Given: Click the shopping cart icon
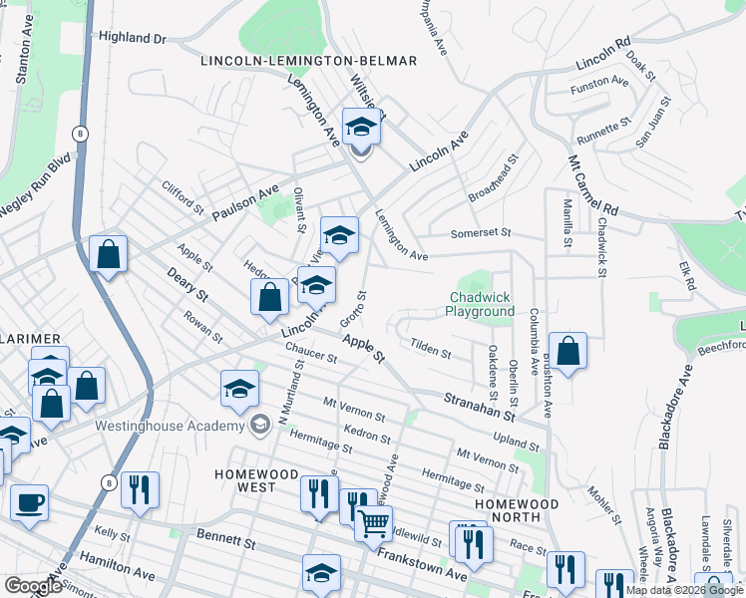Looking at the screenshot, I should (374, 522).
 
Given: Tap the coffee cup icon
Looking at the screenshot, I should (29, 501).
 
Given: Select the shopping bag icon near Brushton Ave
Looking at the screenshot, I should (567, 351).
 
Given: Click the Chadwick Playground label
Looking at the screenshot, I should (482, 304).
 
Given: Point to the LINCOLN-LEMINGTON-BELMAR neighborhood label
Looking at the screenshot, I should (308, 61).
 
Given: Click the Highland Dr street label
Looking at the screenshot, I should (131, 37).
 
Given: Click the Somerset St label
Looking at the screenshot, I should (480, 232).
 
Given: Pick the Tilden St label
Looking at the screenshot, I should (431, 351).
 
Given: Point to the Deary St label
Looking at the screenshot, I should (187, 283).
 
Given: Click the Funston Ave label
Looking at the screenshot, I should (600, 87).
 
